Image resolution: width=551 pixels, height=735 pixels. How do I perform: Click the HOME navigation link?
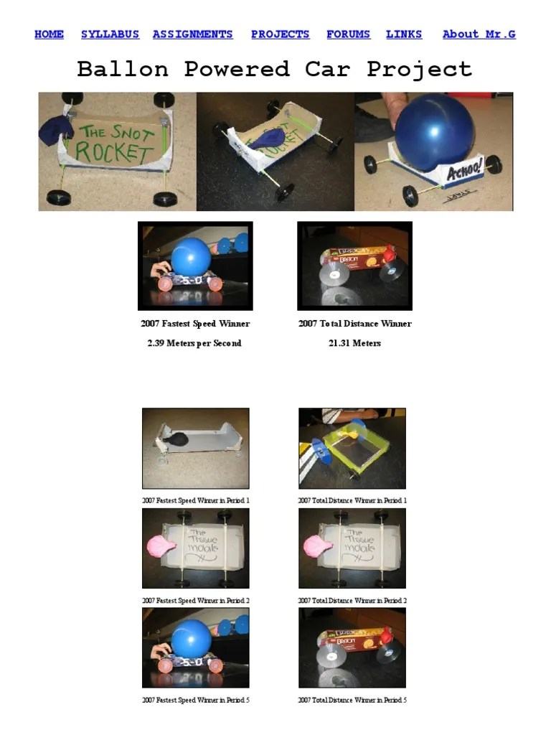[x=49, y=34]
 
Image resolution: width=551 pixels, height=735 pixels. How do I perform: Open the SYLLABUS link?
[x=110, y=34]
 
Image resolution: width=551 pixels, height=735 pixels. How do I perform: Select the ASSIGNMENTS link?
[x=192, y=34]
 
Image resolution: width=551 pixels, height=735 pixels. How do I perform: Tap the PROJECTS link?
[x=280, y=34]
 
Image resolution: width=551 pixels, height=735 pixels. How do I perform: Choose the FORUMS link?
[x=348, y=34]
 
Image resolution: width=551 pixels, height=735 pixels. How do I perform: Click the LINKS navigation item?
[x=404, y=34]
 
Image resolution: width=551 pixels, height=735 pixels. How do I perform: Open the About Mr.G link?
[x=479, y=34]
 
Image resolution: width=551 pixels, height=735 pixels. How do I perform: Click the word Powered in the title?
[x=237, y=70]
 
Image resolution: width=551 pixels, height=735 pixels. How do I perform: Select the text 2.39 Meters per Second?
[x=194, y=344]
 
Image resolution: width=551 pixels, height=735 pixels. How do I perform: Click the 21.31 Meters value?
[x=354, y=344]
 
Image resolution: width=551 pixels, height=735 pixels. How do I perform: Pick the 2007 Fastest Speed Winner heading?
[x=195, y=324]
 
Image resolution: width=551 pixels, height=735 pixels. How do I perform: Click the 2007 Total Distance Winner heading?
[x=354, y=324]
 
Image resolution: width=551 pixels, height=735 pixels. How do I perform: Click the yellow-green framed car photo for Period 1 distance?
[x=352, y=449]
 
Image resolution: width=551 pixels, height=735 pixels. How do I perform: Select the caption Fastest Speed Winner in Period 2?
[x=195, y=601]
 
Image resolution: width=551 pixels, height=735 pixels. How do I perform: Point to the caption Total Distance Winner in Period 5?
[x=352, y=701]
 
